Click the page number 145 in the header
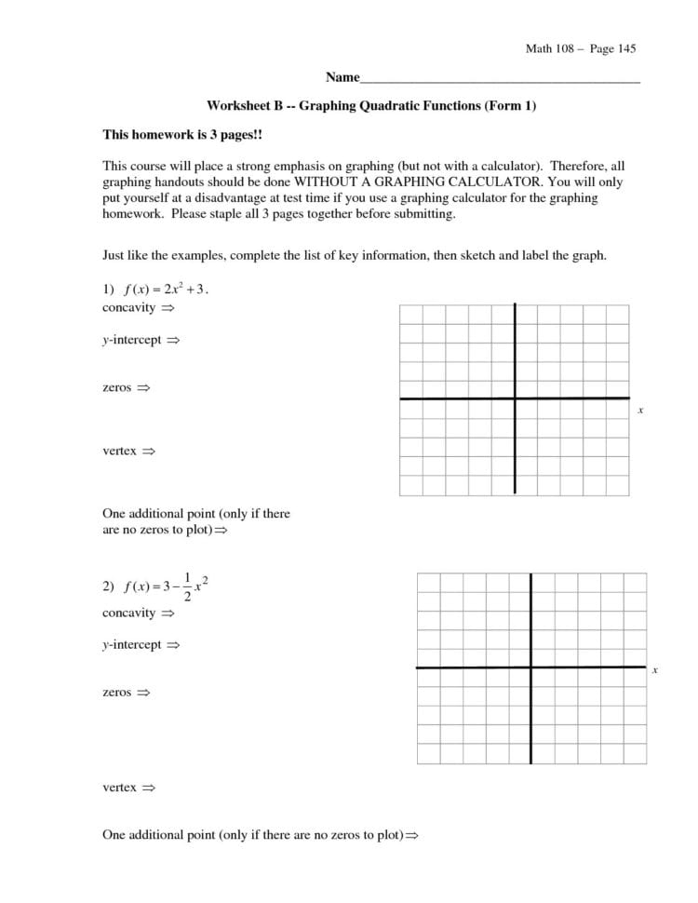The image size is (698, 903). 624,48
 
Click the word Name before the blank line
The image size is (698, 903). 342,77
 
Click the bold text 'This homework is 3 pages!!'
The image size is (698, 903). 182,135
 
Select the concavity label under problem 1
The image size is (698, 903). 128,307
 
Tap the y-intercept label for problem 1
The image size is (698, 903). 132,341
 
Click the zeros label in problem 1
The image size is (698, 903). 116,386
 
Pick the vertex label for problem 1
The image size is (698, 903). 119,451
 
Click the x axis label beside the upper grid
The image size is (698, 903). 640,410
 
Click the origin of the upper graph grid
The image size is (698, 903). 515,398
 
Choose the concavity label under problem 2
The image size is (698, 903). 128,613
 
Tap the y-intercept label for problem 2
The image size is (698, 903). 132,644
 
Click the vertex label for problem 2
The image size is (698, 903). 119,788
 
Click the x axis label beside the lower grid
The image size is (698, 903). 655,670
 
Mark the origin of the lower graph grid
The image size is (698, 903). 531,667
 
